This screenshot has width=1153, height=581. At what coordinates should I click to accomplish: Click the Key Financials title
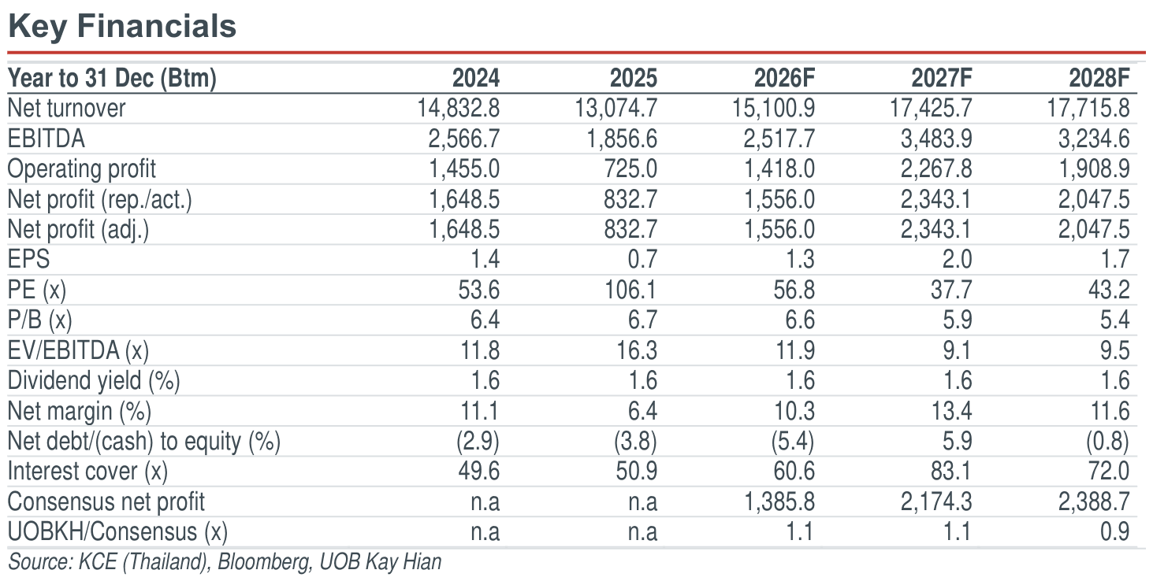tap(122, 27)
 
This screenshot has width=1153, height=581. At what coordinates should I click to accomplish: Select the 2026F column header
tap(784, 78)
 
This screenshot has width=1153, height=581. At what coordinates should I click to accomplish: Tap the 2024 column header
tap(475, 78)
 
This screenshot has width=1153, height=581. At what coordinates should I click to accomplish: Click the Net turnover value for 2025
tap(616, 109)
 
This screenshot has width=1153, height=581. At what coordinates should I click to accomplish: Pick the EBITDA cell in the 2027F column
tap(935, 139)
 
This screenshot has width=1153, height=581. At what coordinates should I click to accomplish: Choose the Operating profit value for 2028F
tap(1094, 169)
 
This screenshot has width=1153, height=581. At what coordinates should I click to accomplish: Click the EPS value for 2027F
tap(957, 259)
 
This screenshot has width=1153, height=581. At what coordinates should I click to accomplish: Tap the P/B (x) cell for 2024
tap(485, 320)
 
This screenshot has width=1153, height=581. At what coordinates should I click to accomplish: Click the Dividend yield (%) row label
tap(94, 381)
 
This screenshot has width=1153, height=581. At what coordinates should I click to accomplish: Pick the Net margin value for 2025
tap(642, 411)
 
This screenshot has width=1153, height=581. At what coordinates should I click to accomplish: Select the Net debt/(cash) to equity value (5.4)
tap(793, 441)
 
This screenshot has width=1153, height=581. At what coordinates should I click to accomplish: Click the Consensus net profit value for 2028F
tap(1094, 501)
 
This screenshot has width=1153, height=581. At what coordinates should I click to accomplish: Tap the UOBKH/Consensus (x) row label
tap(117, 532)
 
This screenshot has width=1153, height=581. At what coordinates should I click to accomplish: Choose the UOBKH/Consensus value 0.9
tap(1114, 531)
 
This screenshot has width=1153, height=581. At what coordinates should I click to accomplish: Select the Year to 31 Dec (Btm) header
tap(112, 79)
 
